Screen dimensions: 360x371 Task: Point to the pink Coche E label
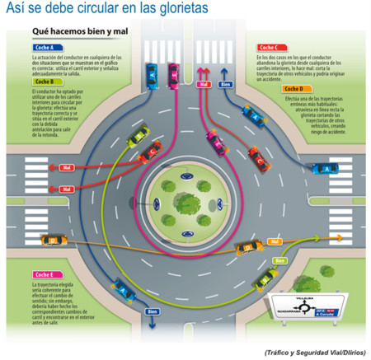(44, 274)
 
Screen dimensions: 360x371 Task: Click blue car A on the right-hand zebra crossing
(325, 168)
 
